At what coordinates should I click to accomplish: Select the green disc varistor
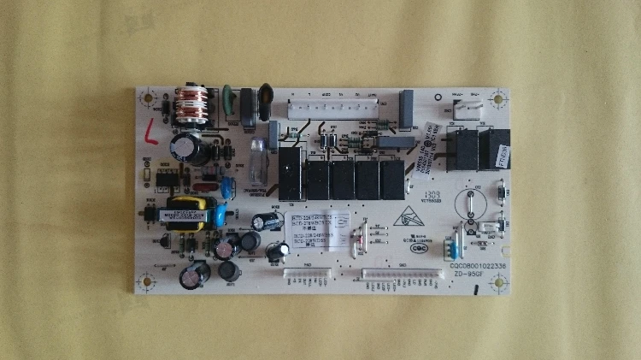coord(229,97)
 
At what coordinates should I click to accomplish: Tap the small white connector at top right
coord(462,107)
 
